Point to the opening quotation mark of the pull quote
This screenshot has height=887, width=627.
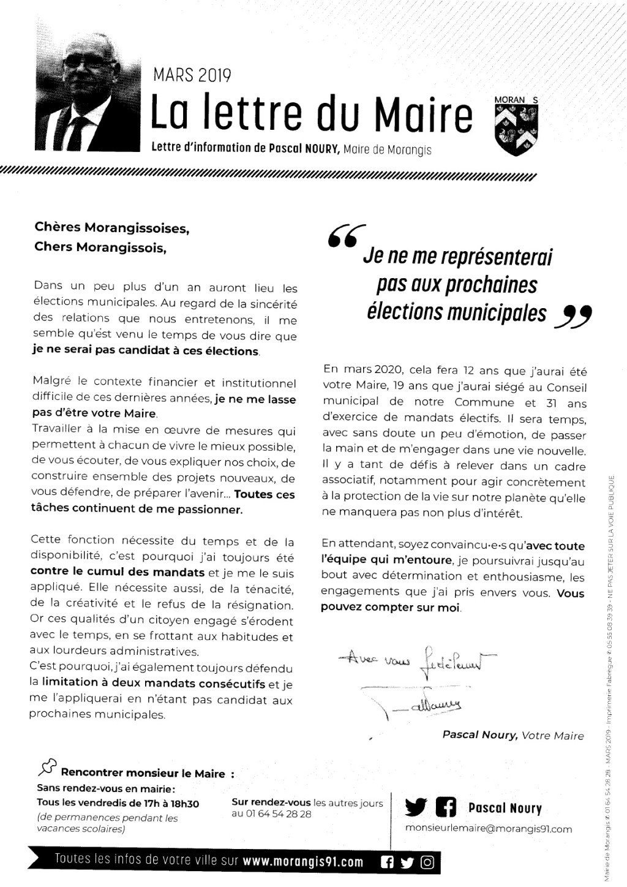coord(346,235)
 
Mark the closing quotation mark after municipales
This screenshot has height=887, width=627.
coord(576,317)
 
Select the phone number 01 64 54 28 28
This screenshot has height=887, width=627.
coord(271,814)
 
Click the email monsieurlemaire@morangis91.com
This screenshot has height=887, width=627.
coord(489,829)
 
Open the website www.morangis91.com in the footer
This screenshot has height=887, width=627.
coord(303,862)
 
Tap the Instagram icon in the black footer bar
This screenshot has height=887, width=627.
coord(428,862)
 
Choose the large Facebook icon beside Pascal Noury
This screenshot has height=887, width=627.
coord(446,808)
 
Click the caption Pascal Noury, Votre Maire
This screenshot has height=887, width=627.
coord(513,736)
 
